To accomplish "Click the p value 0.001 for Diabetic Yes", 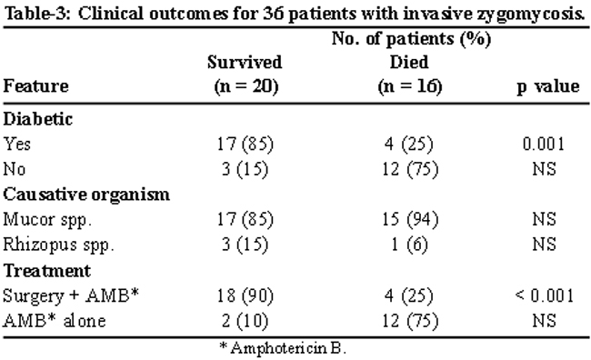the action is point(544,144).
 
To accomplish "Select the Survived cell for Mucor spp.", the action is point(245,219).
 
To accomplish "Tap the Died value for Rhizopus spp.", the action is point(409,245).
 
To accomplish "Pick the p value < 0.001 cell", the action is point(545,295).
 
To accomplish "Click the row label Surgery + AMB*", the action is point(71,296).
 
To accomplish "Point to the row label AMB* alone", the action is point(55,321).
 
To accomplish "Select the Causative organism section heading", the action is point(86,195).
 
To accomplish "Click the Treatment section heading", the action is point(46,271).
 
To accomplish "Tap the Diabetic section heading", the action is point(37,119).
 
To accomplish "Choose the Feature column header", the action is point(35,86).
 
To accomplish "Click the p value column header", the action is point(547,87).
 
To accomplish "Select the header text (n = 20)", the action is point(246,86).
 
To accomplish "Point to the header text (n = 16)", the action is point(410,86).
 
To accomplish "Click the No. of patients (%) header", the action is point(411,39).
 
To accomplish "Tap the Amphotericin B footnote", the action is point(283,347).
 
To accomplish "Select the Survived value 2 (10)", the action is point(245,321).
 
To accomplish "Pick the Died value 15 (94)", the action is point(410,219).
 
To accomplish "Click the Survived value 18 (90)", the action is point(245,296).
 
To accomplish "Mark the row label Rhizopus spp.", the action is point(58,245).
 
